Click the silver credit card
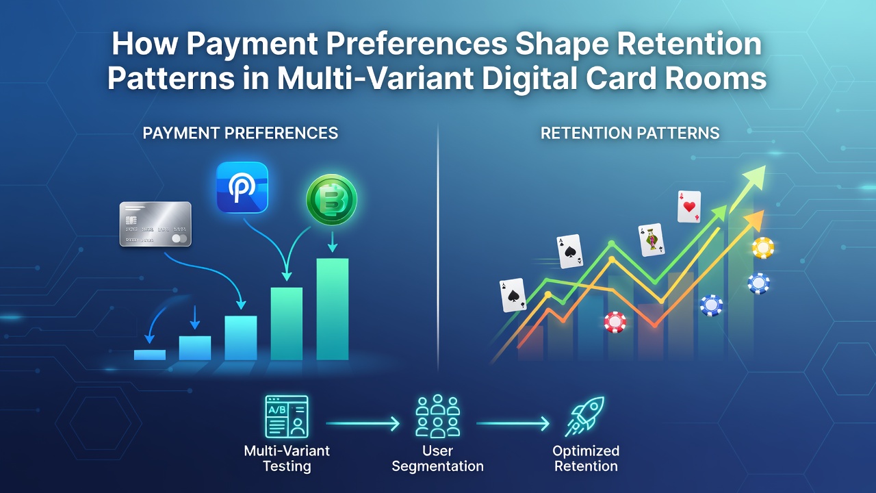[x=155, y=224]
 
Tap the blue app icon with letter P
[x=242, y=188]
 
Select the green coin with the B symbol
[x=332, y=199]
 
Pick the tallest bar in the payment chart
[x=333, y=309]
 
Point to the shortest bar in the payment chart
[x=150, y=355]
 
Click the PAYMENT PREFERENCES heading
[x=240, y=133]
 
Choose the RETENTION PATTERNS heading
[x=630, y=133]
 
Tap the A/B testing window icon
[x=287, y=416]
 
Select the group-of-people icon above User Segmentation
[x=437, y=416]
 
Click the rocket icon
[x=584, y=416]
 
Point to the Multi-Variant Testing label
[x=287, y=459]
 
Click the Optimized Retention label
[x=586, y=459]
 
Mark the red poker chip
[x=615, y=322]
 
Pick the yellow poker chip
[x=763, y=248]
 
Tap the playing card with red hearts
[x=689, y=207]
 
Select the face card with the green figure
[x=651, y=240]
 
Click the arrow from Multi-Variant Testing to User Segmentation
[x=363, y=423]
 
